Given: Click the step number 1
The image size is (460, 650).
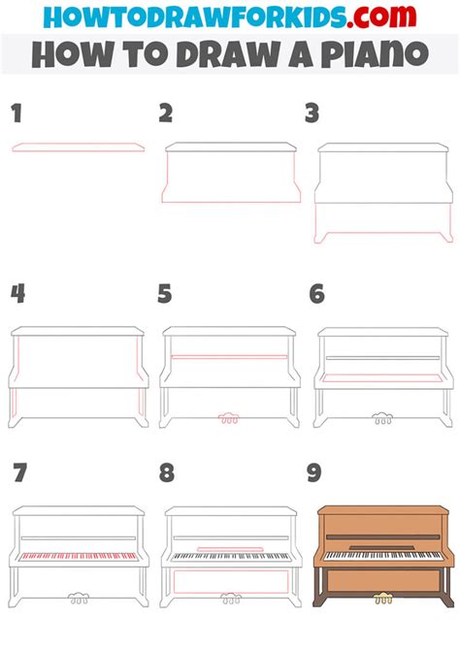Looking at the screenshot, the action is click(16, 114).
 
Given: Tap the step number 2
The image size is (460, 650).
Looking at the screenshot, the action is click(166, 114).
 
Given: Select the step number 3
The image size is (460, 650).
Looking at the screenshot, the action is click(312, 114).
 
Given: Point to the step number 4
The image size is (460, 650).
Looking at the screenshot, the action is click(17, 294).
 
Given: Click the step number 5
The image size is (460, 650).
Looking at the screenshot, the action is click(165, 294).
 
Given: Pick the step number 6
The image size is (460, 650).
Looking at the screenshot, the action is click(317, 294).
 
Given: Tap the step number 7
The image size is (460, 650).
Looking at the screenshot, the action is click(20, 472).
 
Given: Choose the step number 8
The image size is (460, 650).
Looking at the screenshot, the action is click(167, 472).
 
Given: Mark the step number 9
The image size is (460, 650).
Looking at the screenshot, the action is click(314, 472).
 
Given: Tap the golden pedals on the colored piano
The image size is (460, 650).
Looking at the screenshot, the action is click(383, 599).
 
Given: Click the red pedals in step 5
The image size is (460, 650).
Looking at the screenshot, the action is click(229, 418).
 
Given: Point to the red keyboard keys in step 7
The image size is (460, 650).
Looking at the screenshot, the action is click(79, 556).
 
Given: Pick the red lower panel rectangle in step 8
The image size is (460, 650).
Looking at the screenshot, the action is click(231, 581).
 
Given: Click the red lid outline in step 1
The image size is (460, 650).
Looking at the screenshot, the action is click(79, 147).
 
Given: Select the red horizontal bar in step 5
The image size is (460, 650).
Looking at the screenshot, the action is click(229, 356).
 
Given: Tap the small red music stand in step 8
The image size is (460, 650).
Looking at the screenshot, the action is click(230, 549).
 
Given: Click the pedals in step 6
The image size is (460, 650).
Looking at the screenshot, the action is click(382, 418).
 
